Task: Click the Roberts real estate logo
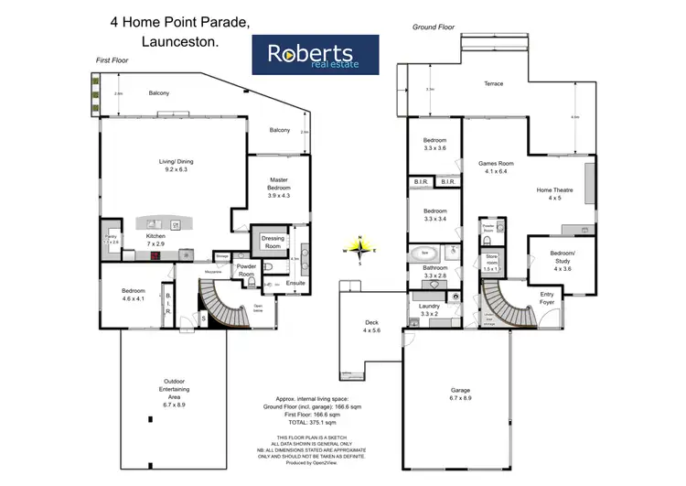pos(316,54)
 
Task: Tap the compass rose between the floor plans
pos(361,249)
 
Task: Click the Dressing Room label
pos(273,243)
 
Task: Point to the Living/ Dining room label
pos(177,166)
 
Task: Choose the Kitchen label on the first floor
pos(156,240)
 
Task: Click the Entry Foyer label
pos(547,297)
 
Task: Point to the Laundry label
pos(429,309)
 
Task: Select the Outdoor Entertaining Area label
pos(175,391)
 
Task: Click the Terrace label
pos(494,84)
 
